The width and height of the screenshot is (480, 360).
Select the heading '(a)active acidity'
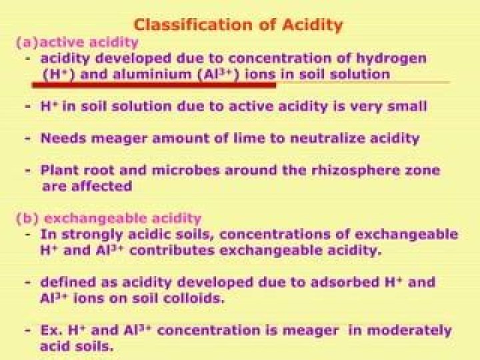coord(77,43)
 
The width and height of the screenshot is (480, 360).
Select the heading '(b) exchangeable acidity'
coord(108,218)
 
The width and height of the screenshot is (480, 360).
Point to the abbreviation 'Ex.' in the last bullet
coord(51,331)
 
